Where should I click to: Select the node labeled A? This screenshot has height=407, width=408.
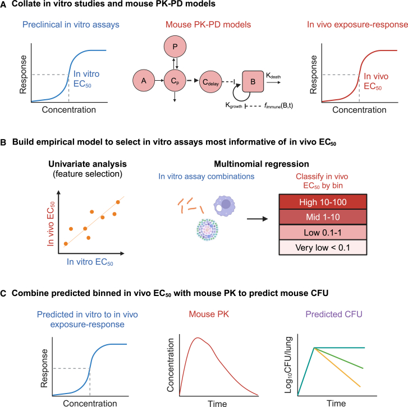[144, 81]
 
